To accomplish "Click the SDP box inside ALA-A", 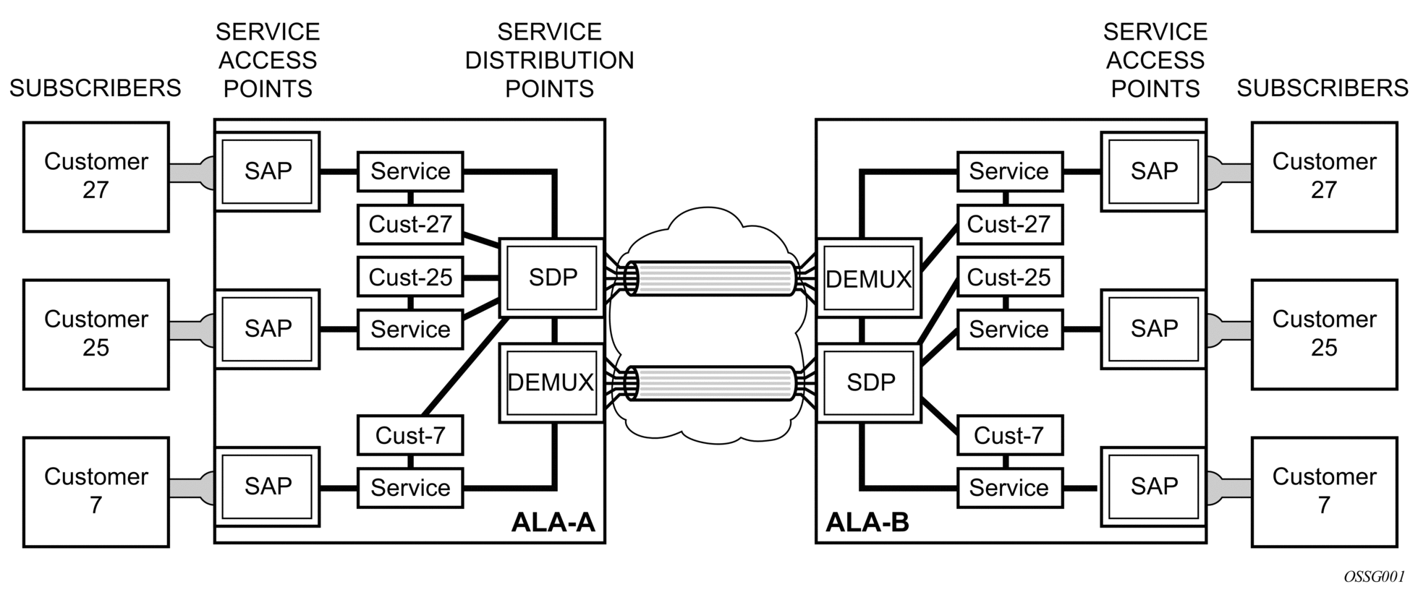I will click(x=552, y=278).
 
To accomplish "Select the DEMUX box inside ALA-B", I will click(x=868, y=278).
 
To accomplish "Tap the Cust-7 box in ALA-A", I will click(x=410, y=435).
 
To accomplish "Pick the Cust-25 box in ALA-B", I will click(x=1009, y=278).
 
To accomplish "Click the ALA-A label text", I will click(x=553, y=522).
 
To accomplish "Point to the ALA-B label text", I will click(x=867, y=522).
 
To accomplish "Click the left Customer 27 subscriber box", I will click(x=96, y=176).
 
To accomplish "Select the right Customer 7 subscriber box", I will click(x=1324, y=492).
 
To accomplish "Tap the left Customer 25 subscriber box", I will click(x=96, y=334).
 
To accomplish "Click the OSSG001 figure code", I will click(x=1374, y=577).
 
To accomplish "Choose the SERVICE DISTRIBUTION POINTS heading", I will click(x=549, y=60).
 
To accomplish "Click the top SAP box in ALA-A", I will click(x=268, y=171).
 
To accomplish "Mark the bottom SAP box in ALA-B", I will click(x=1154, y=487).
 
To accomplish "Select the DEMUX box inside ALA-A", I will click(x=551, y=382).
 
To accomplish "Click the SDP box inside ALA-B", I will click(x=870, y=382).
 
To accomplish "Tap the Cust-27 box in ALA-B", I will click(x=1009, y=224).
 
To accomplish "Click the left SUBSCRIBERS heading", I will click(x=95, y=88).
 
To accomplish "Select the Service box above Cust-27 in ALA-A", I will click(x=410, y=171).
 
